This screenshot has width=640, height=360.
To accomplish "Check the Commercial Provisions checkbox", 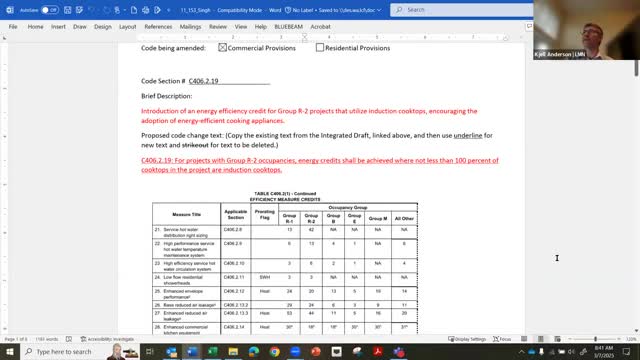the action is pyautogui.click(x=223, y=47).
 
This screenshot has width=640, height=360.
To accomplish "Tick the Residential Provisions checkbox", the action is pyautogui.click(x=320, y=47).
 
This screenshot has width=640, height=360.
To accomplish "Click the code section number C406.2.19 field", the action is pyautogui.click(x=204, y=80).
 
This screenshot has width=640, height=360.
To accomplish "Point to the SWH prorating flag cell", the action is pyautogui.click(x=264, y=276).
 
